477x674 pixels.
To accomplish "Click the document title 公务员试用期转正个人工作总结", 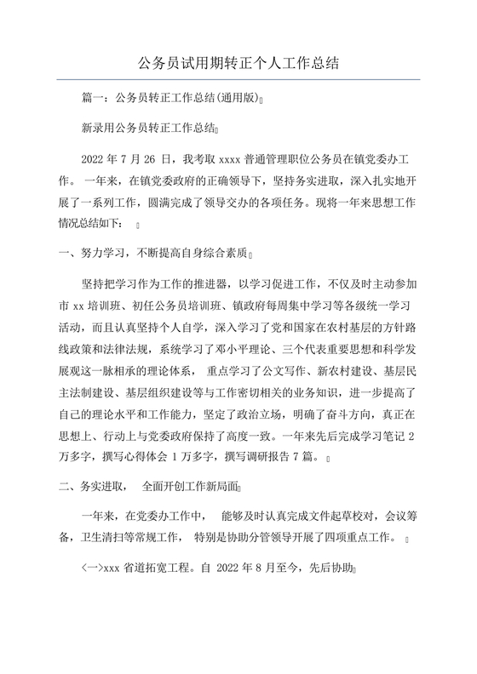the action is click(x=238, y=62).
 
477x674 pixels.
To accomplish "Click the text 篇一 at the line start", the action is click(x=92, y=99).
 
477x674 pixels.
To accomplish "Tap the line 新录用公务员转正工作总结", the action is click(x=147, y=129).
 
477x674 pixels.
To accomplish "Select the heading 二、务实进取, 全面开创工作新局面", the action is click(x=147, y=489).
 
